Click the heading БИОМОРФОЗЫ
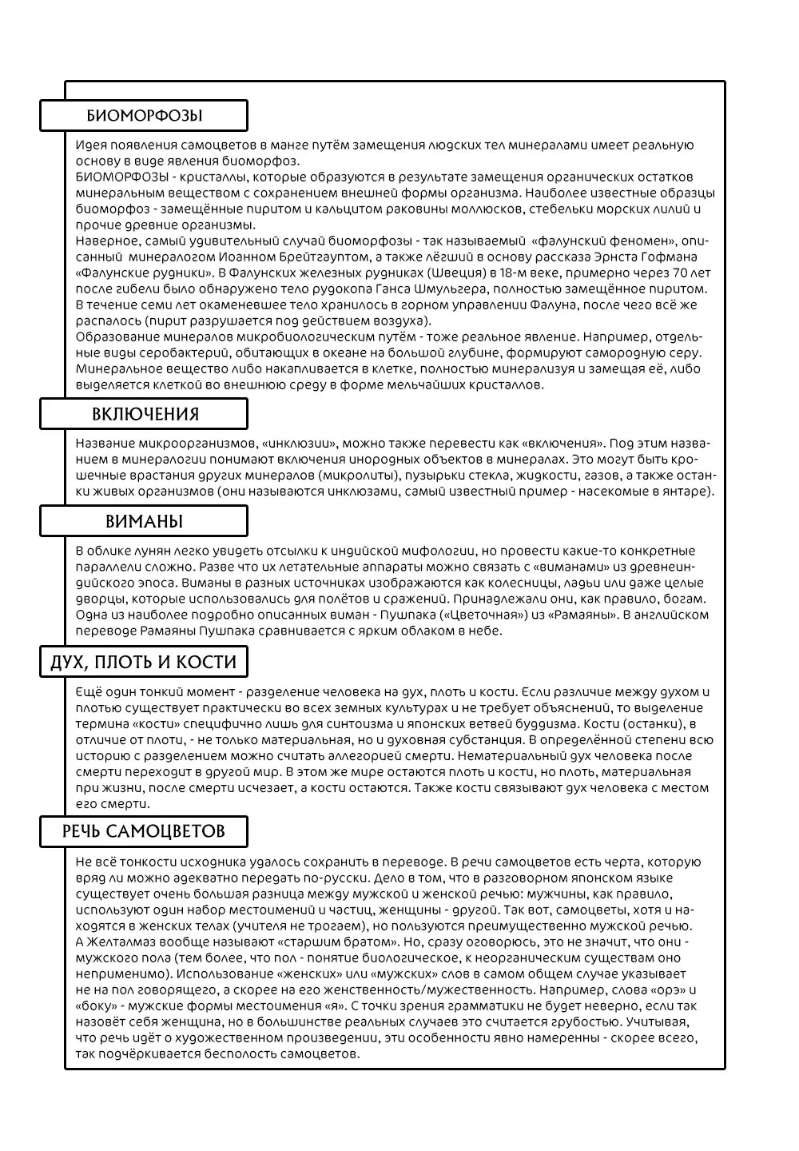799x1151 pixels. (x=144, y=116)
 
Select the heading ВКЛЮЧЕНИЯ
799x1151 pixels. (x=145, y=414)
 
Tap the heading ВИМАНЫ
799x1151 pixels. (x=144, y=522)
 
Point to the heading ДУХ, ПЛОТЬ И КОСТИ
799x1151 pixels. (x=144, y=662)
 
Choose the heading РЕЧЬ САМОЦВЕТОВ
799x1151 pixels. (x=144, y=831)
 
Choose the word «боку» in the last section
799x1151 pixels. (x=96, y=1006)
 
